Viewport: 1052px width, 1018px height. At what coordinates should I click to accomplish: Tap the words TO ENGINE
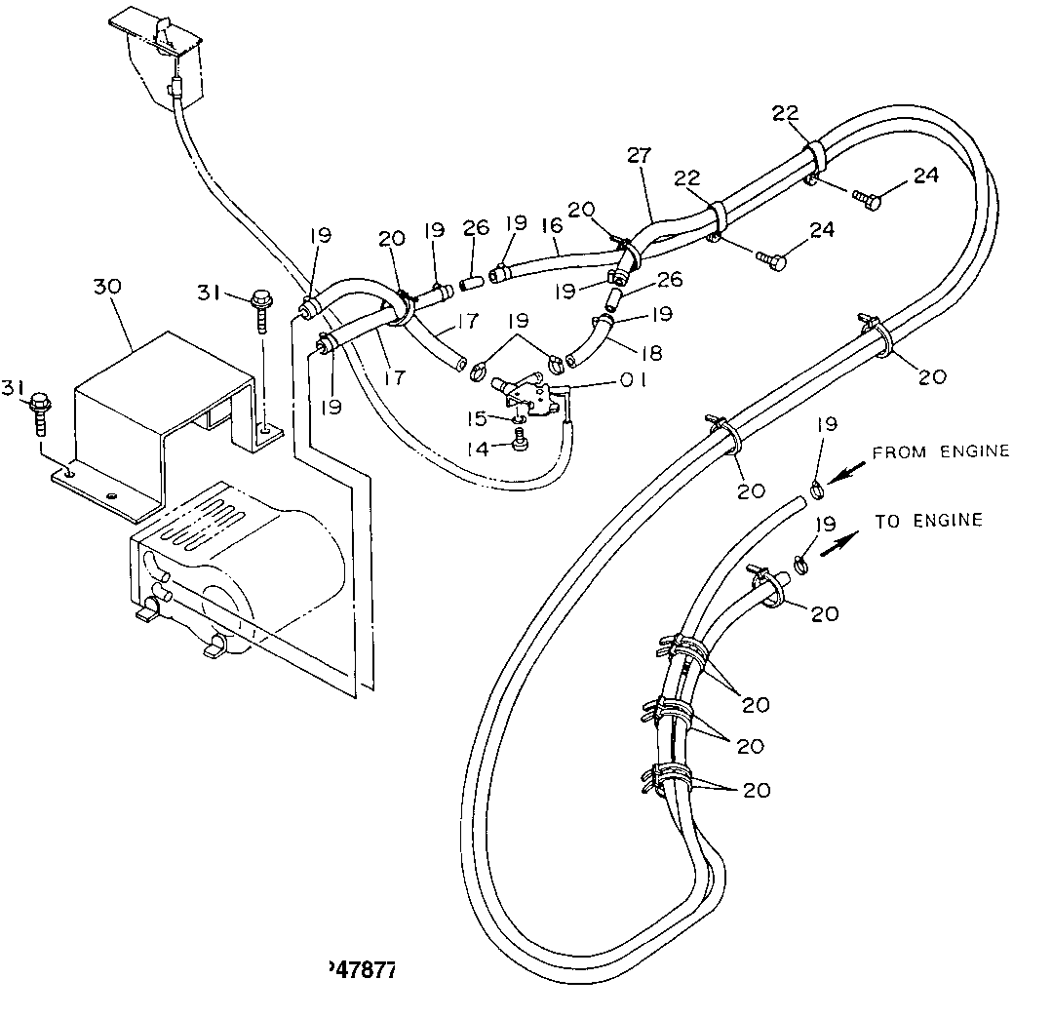coord(928,522)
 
